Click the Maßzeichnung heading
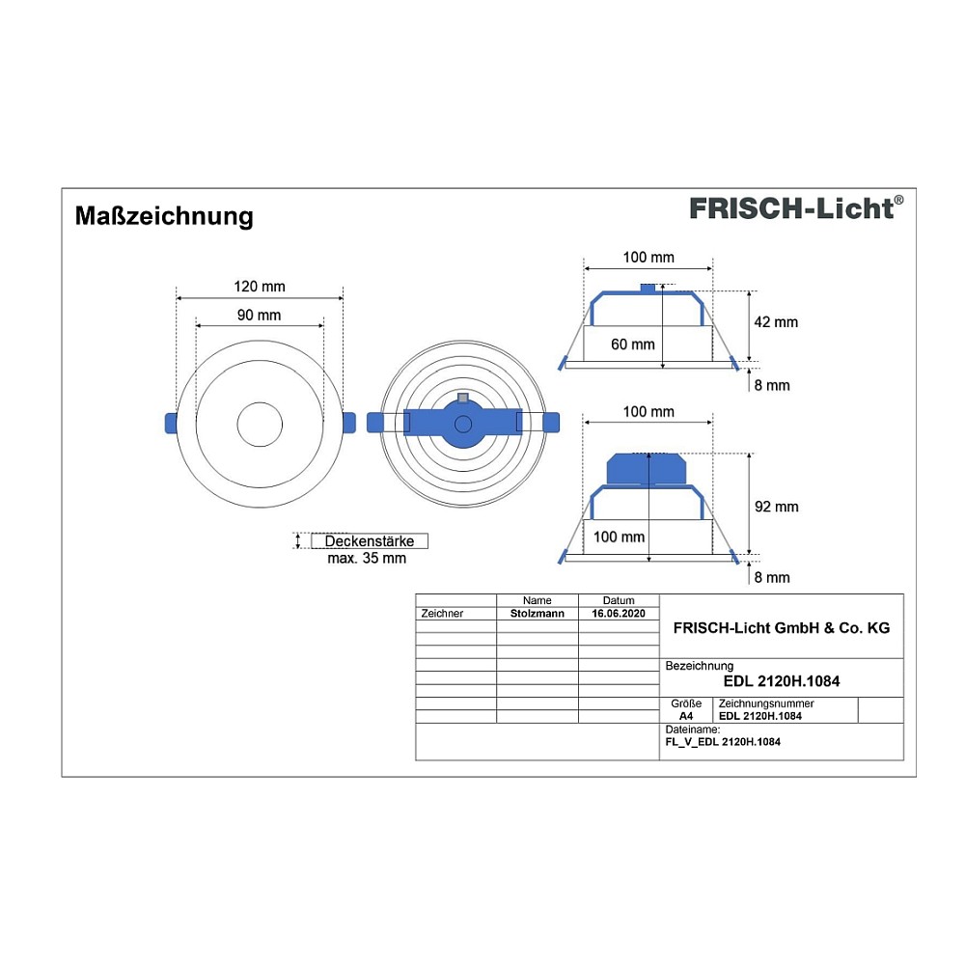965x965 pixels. point(164,216)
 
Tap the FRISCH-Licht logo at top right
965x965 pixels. point(796,208)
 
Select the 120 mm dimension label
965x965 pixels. point(259,287)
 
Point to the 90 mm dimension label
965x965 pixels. point(259,316)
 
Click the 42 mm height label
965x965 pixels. point(776,322)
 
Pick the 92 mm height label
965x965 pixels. point(777,507)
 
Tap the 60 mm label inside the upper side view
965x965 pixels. point(633,345)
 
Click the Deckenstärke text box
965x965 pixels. point(370,541)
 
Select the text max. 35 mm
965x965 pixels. point(367,558)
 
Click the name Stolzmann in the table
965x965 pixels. point(538,613)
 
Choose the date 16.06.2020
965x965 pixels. point(619,613)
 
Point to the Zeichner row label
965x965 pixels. point(442,613)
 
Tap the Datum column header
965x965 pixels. point(619,600)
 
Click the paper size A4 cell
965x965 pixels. point(685,716)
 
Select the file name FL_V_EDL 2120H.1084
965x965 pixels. point(723,741)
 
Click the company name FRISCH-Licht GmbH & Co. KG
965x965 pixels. point(782,628)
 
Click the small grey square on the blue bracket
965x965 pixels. point(463,399)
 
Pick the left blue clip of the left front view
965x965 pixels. point(171,424)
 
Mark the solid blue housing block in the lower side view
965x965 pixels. point(647,469)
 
